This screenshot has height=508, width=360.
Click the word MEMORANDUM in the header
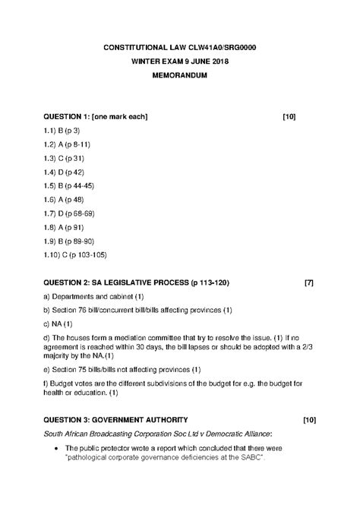tap(179, 77)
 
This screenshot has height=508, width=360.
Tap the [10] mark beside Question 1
tap(289, 116)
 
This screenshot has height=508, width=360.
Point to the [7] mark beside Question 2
tap(308, 283)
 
